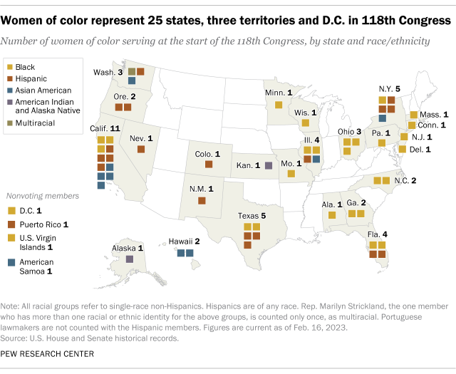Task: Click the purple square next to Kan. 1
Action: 268,165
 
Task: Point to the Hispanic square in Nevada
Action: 141,150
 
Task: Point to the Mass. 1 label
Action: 435,114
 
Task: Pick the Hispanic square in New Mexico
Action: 202,201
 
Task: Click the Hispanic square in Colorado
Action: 209,165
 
